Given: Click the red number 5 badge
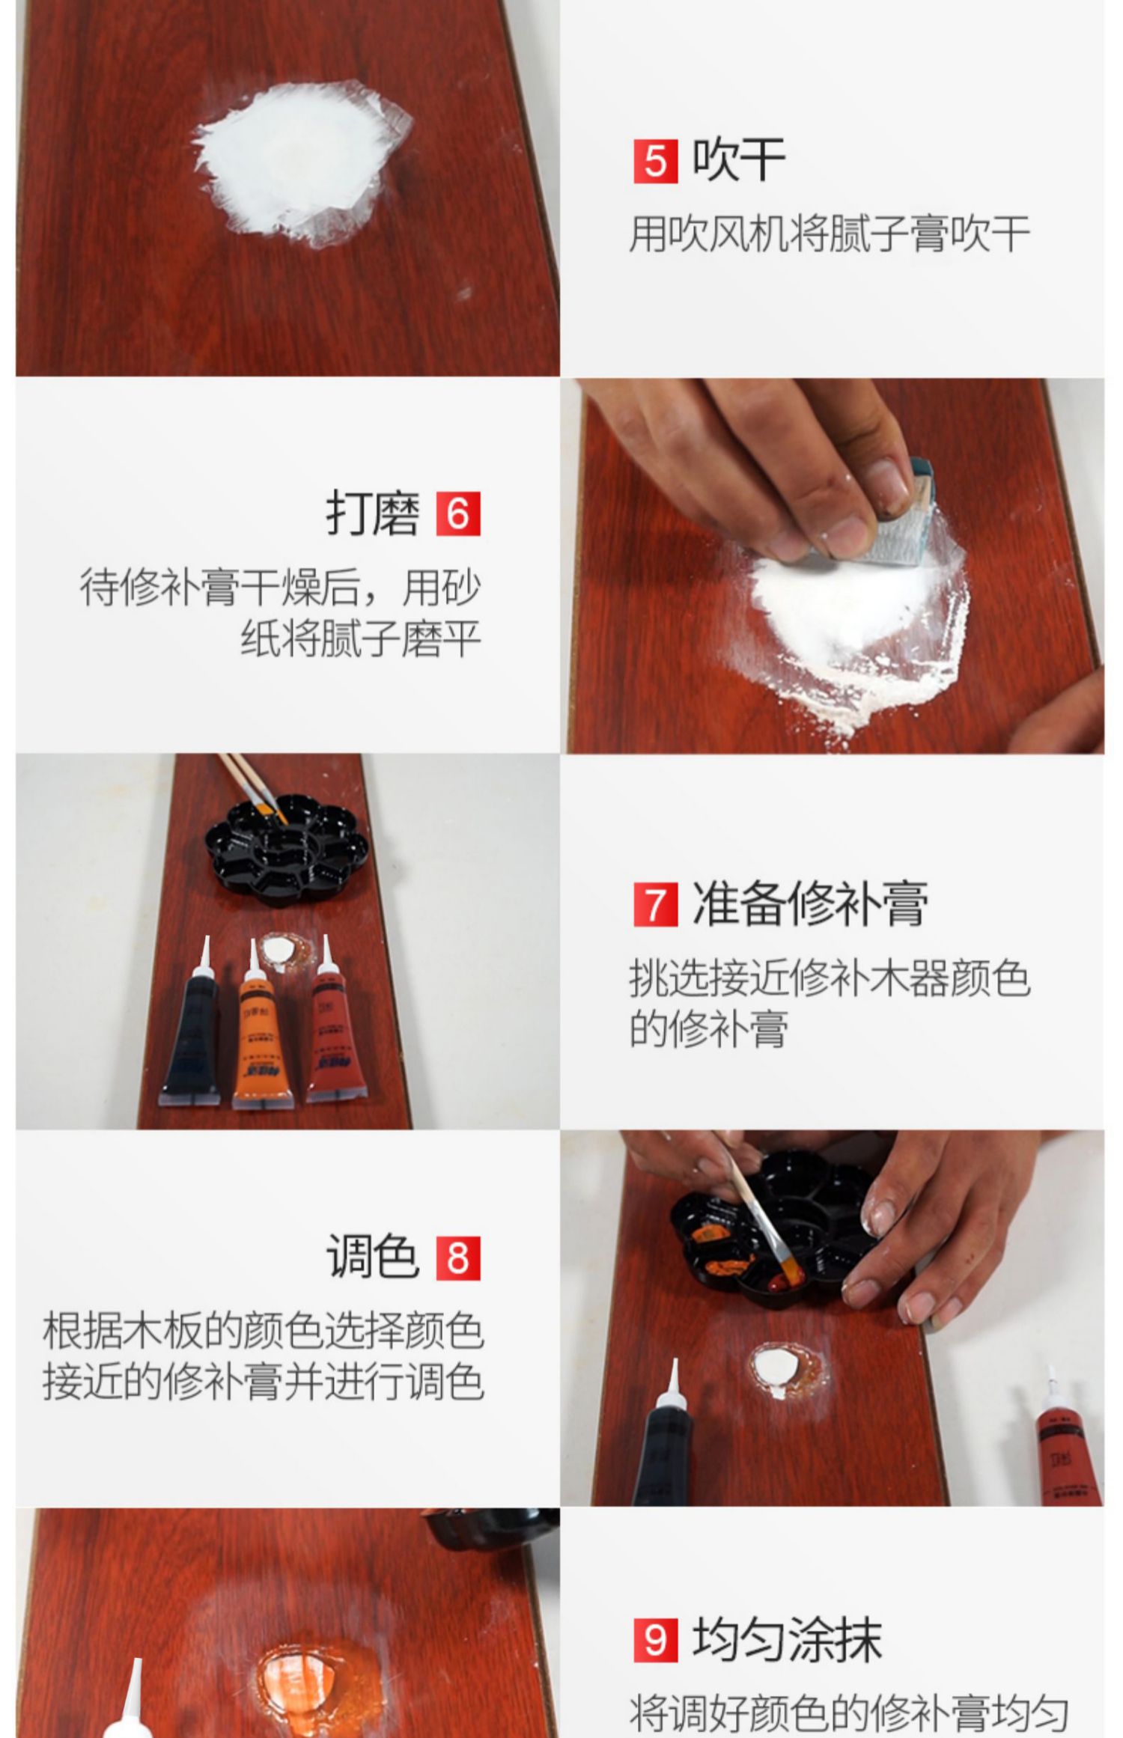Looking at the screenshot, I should pyautogui.click(x=655, y=161).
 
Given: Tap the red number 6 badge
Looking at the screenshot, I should pyautogui.click(x=458, y=513).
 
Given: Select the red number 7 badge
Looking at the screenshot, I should pyautogui.click(x=655, y=904).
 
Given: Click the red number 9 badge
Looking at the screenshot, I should pyautogui.click(x=655, y=1639).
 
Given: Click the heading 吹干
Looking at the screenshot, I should pyautogui.click(x=738, y=159).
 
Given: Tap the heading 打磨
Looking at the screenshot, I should pyautogui.click(x=372, y=513).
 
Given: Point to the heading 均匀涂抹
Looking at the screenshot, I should pyautogui.click(x=787, y=1638).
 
